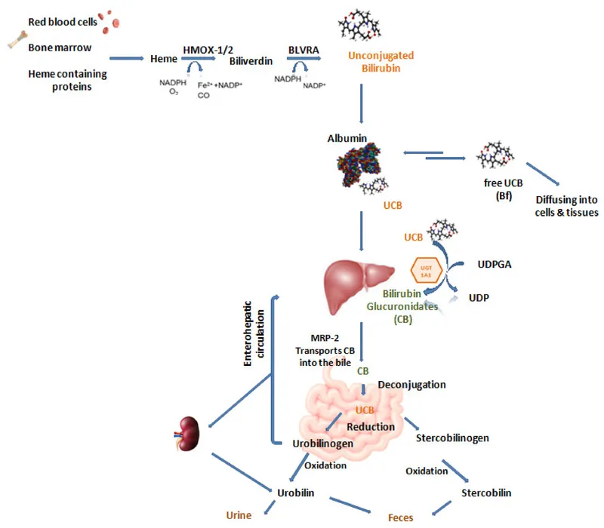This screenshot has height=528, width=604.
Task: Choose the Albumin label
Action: [347, 139]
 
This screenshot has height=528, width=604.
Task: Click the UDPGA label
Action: [497, 266]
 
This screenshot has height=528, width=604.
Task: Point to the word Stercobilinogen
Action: [452, 437]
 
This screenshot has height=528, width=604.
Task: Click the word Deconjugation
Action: [411, 385]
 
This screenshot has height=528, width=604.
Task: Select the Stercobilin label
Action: [485, 493]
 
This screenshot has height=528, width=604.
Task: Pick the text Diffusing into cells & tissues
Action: [565, 206]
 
